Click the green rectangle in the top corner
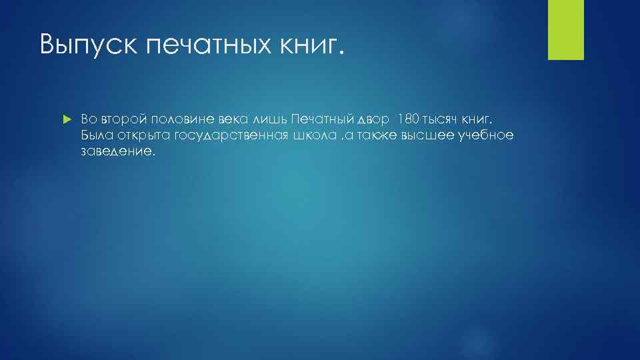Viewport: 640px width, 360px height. pos(566,29)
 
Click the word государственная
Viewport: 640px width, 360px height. pos(231,136)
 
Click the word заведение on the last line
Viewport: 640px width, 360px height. pos(117,152)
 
